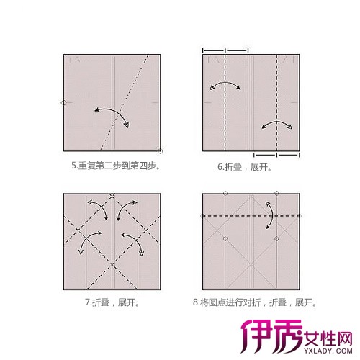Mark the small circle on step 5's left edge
click(64, 102)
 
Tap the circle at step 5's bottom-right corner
click(160, 150)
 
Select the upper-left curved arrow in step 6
click(225, 88)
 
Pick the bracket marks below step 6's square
click(276, 154)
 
